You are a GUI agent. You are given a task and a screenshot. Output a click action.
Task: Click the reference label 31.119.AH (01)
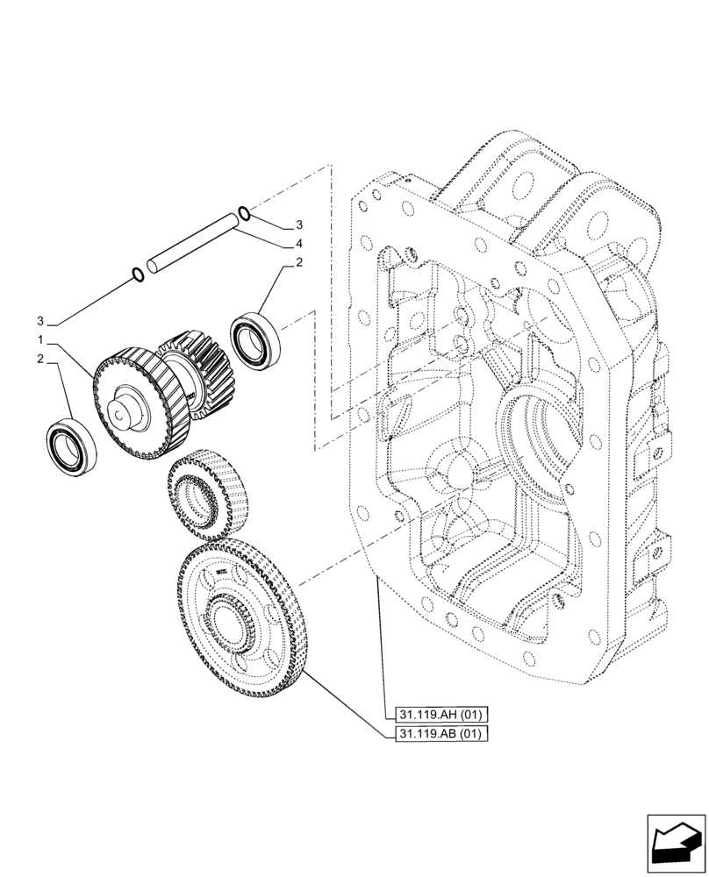coord(436,715)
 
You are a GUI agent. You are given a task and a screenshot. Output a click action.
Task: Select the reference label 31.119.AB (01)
coord(436,734)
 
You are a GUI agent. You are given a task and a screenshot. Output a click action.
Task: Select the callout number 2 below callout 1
coord(41,358)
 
